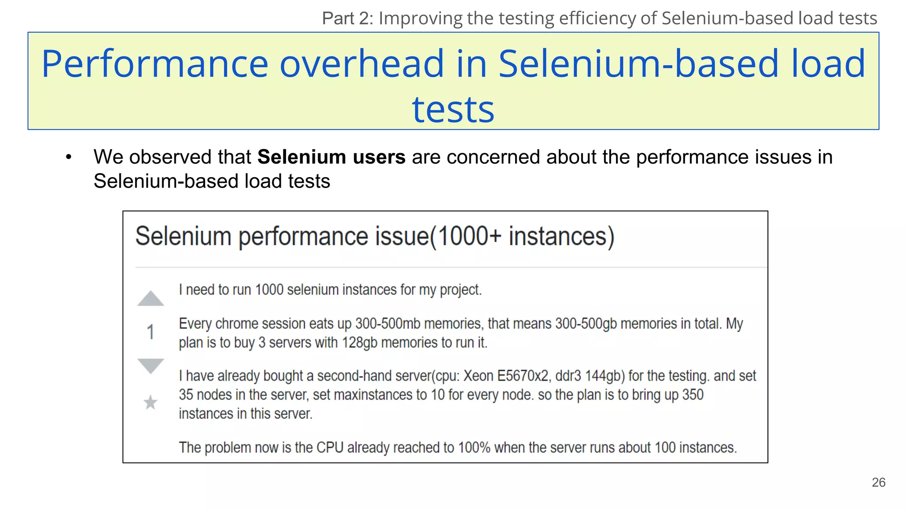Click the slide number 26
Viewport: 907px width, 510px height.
tap(878, 483)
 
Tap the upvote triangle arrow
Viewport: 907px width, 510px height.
tap(151, 299)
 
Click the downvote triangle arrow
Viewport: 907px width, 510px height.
tap(151, 365)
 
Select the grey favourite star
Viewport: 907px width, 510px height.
tap(151, 402)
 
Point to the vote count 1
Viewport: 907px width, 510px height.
tap(151, 332)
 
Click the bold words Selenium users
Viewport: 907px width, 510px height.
tap(331, 157)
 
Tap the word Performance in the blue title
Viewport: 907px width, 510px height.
tap(155, 64)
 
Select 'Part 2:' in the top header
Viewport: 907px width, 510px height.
tap(348, 19)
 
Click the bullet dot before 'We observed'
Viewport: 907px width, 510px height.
tap(68, 158)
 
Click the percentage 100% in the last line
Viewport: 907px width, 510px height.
tap(474, 448)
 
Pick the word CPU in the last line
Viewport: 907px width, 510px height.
tap(330, 448)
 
